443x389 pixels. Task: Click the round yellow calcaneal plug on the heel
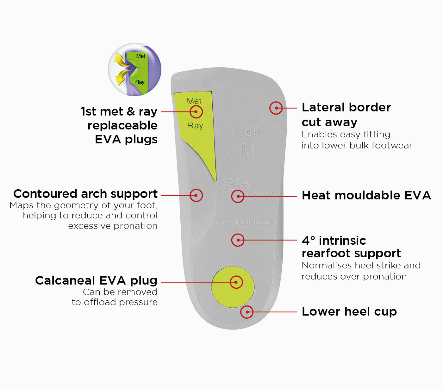coord(233,287)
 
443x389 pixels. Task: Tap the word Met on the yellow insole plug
coord(194,101)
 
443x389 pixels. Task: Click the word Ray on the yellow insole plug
coord(195,126)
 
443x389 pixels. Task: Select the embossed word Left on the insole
coord(249,132)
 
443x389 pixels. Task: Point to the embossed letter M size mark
coord(248,150)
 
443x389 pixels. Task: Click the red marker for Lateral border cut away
coord(276,108)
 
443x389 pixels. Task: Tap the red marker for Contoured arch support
coord(196,195)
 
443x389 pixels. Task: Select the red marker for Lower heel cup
coord(247,312)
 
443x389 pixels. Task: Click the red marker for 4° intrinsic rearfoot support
coord(238,240)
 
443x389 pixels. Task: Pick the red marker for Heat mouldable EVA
coord(238,196)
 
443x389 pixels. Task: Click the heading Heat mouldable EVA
coord(366,195)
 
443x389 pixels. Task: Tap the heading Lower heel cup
coord(349,311)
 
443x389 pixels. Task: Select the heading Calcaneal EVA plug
coord(96,280)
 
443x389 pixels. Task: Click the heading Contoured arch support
coord(85,194)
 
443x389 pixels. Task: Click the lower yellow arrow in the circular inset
coord(121,78)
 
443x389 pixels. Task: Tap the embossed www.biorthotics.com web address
coord(246,222)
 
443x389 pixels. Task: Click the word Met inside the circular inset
coord(140,56)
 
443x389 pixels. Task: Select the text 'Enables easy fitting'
coord(346,134)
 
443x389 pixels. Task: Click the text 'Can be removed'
coord(120,292)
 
